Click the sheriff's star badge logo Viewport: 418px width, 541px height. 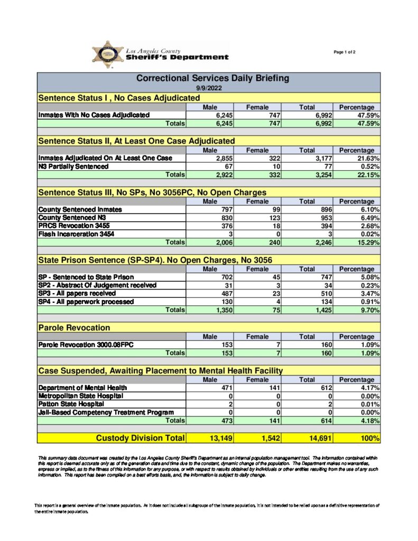pos(107,54)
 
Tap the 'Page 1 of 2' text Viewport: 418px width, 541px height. pos(345,52)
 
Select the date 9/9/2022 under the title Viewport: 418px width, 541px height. pos(208,88)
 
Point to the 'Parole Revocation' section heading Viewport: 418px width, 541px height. pos(74,328)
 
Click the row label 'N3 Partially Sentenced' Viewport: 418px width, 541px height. pos(73,166)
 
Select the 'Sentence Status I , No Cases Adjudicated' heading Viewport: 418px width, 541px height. pos(119,98)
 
